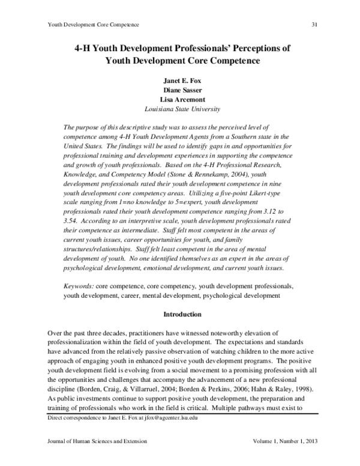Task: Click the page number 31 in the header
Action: tap(314, 24)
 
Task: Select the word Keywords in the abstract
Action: tap(79, 286)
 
